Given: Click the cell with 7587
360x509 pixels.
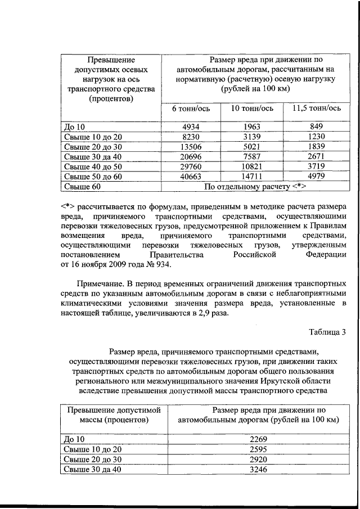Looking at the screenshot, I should coord(249,156).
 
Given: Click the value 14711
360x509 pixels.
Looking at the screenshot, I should coord(249,177).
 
